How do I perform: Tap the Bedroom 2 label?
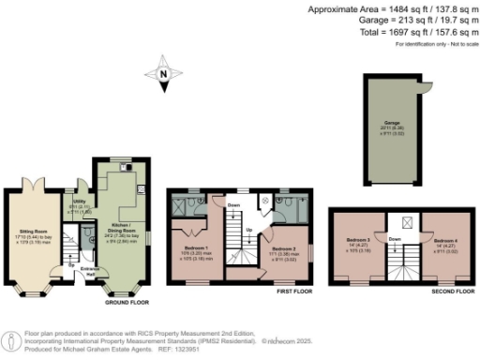tap(283, 250)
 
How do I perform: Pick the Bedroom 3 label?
tap(359, 244)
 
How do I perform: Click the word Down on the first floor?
tap(233, 205)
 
